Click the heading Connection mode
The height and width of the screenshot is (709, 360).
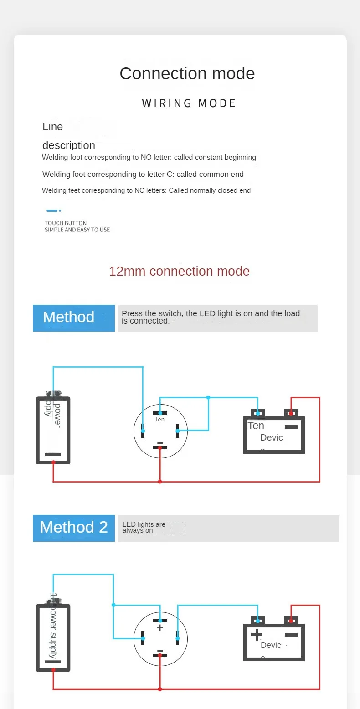(x=187, y=73)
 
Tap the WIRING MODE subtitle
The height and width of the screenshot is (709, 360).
(x=189, y=103)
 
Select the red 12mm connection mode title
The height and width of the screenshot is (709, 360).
(x=179, y=271)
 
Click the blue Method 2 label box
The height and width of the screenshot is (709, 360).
(x=74, y=528)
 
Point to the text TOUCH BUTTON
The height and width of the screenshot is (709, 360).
(x=66, y=223)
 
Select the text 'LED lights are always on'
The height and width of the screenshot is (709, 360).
(x=144, y=528)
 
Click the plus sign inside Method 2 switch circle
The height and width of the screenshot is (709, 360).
(x=160, y=628)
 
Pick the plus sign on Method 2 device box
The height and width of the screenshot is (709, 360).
(x=257, y=635)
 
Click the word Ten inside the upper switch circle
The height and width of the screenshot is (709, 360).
(x=159, y=420)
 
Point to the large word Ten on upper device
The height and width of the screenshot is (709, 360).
(x=256, y=426)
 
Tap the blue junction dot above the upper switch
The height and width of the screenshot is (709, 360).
(x=208, y=397)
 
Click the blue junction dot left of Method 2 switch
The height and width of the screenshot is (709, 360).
(x=113, y=605)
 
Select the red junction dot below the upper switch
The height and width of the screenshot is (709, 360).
(x=160, y=482)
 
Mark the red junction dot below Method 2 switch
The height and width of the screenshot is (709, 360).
(x=160, y=689)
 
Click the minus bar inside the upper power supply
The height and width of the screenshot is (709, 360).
(x=53, y=454)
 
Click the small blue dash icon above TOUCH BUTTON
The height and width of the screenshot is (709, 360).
(x=53, y=211)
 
